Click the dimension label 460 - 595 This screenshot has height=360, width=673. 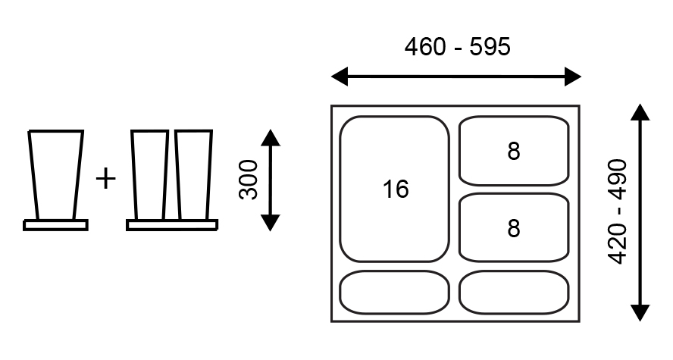(457, 48)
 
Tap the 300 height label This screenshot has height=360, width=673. (249, 179)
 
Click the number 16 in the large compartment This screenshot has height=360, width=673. (395, 189)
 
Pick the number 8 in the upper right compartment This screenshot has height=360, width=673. (514, 152)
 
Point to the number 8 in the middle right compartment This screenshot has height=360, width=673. (514, 228)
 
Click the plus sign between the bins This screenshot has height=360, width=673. (106, 179)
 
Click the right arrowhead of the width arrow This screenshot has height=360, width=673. (574, 77)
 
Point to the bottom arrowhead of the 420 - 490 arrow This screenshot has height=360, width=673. (640, 313)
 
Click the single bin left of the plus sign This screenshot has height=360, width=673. (55, 174)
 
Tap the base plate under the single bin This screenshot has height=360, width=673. (55, 225)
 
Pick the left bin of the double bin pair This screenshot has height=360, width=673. (149, 175)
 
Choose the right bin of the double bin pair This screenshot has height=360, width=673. (194, 175)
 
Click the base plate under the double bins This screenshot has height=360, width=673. (172, 225)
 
